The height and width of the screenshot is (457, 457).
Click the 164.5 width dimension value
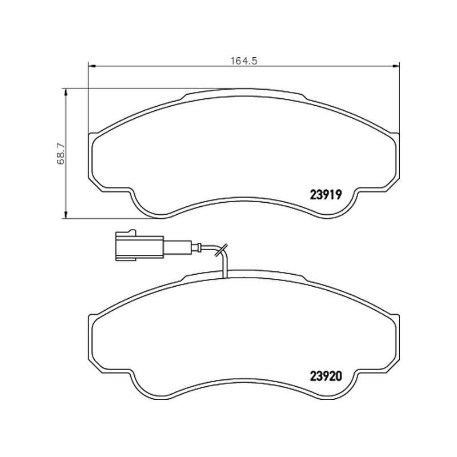coord(244,61)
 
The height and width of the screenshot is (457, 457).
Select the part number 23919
coord(326,195)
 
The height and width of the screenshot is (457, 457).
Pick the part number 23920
coord(326,376)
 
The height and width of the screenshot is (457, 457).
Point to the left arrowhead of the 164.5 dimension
coord(92,66)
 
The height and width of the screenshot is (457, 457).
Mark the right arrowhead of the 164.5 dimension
coord(396,66)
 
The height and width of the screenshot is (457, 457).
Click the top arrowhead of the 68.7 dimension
coord(66,93)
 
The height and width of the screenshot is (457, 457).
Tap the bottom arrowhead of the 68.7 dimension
coord(66,214)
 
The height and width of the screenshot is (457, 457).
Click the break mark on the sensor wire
coord(221,250)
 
